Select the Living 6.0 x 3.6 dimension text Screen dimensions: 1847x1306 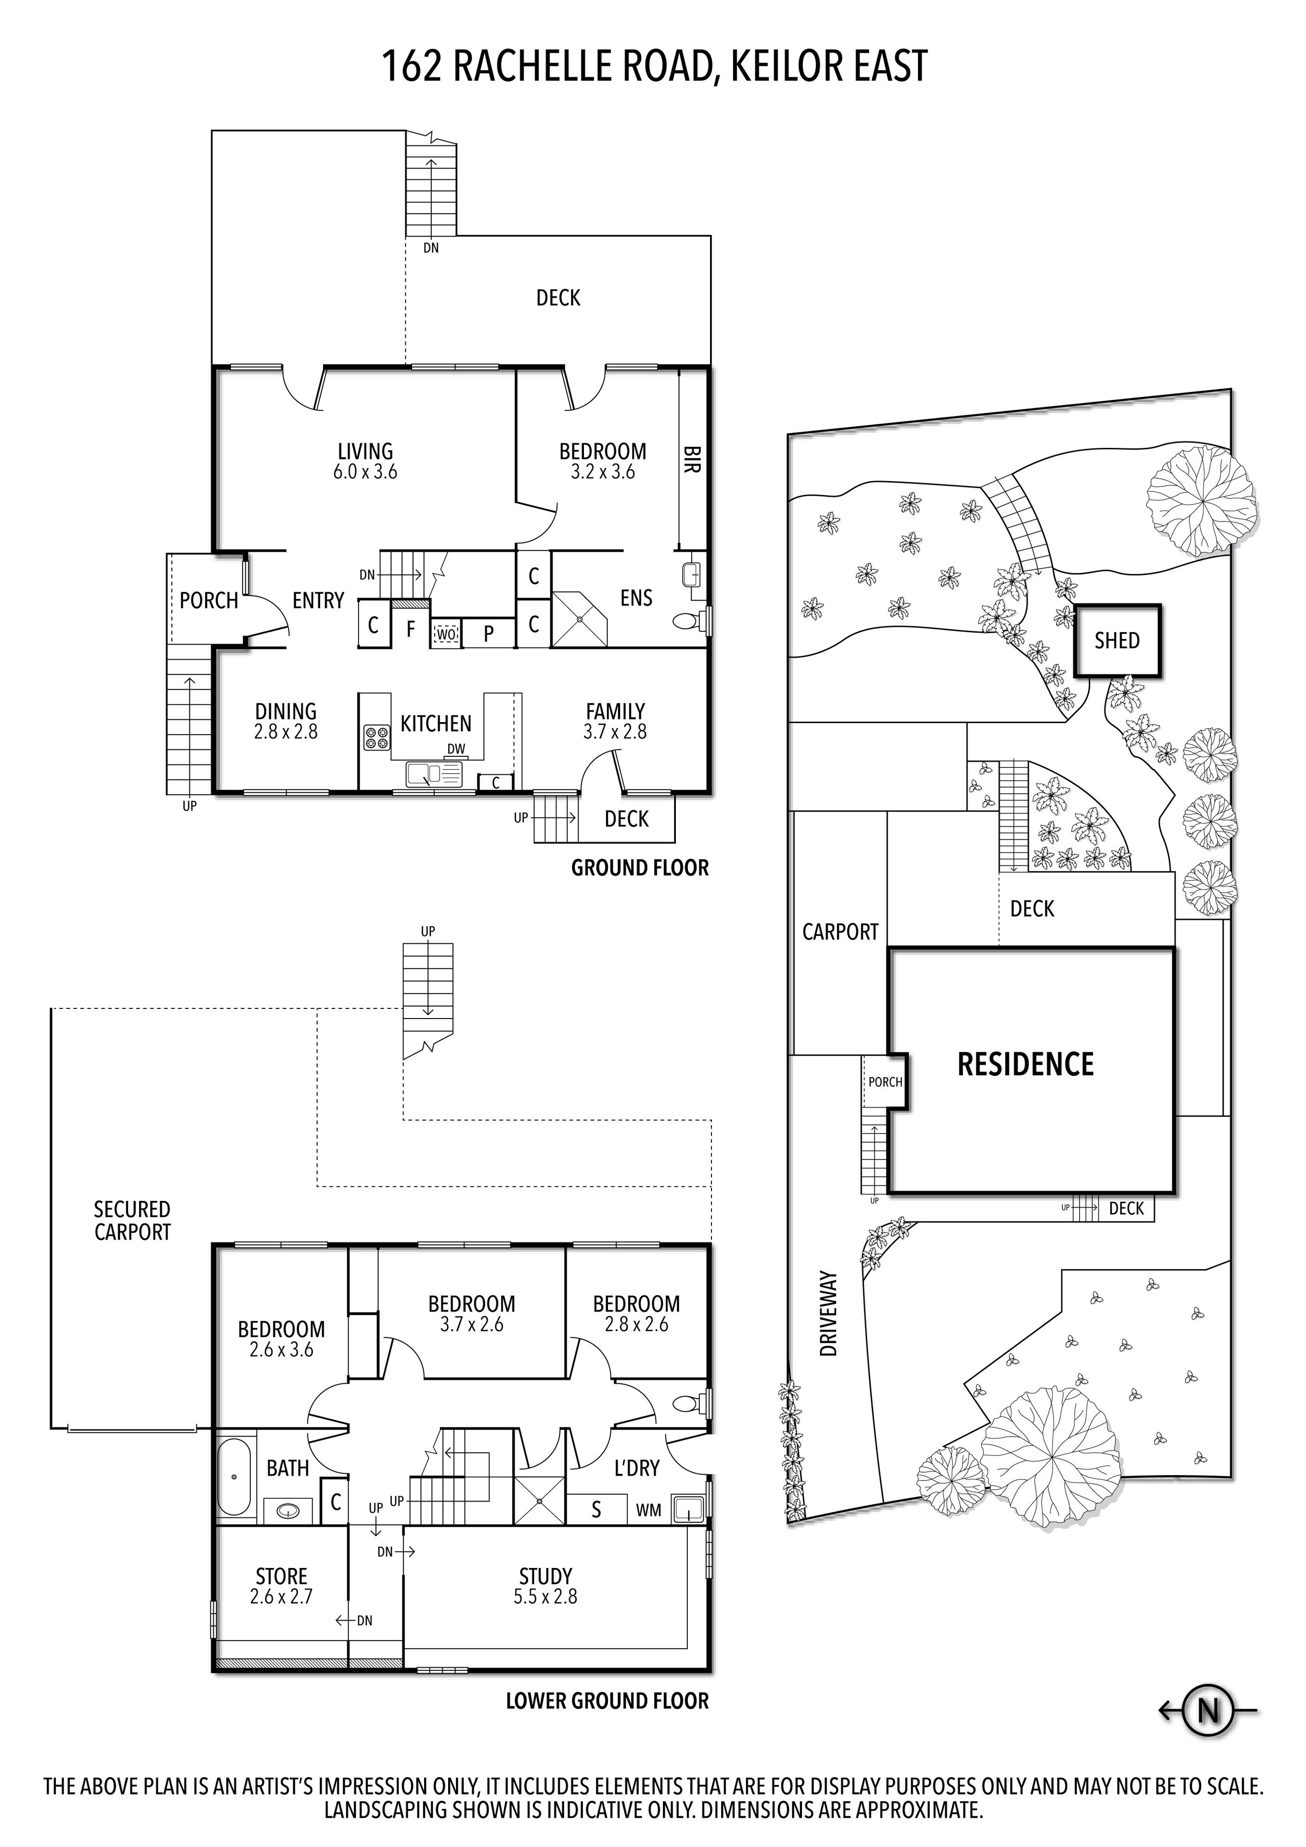click(365, 472)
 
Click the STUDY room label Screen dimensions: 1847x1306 click(545, 1576)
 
